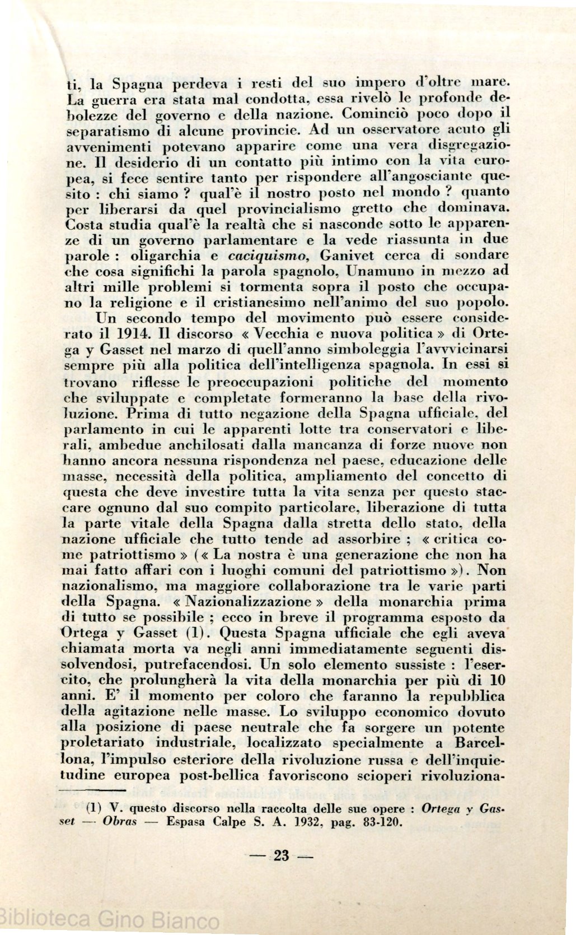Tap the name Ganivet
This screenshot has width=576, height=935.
point(345,256)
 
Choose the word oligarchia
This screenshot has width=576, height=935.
point(160,256)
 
